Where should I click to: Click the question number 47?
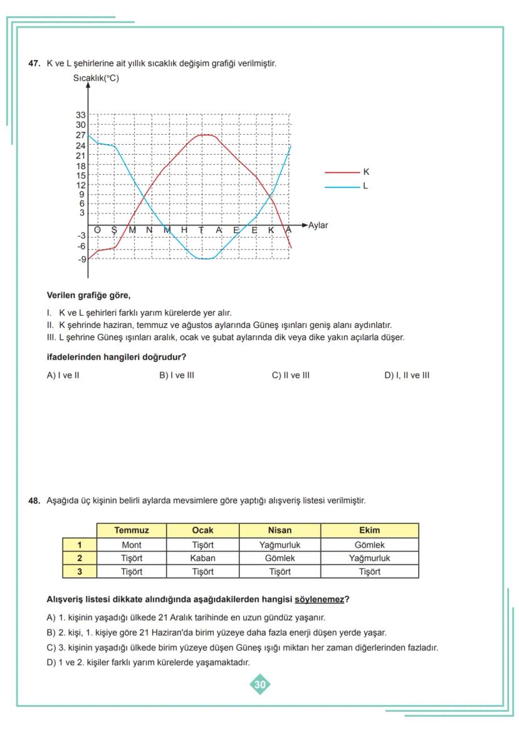click(34, 63)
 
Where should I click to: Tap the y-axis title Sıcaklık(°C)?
click(96, 78)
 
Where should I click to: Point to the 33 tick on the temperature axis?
click(81, 115)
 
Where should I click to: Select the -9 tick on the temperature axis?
click(81, 259)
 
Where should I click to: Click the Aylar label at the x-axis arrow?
click(318, 225)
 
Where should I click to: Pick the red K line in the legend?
click(342, 172)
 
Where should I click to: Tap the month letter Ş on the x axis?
click(114, 230)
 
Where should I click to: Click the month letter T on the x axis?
click(202, 230)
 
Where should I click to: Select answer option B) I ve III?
click(177, 375)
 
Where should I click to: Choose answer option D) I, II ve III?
click(407, 375)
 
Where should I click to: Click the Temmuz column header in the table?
click(132, 530)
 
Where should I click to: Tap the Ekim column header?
click(369, 530)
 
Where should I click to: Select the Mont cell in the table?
click(132, 545)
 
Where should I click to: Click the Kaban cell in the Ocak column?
click(202, 558)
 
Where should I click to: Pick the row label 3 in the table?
click(80, 572)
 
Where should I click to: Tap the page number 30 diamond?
click(260, 684)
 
